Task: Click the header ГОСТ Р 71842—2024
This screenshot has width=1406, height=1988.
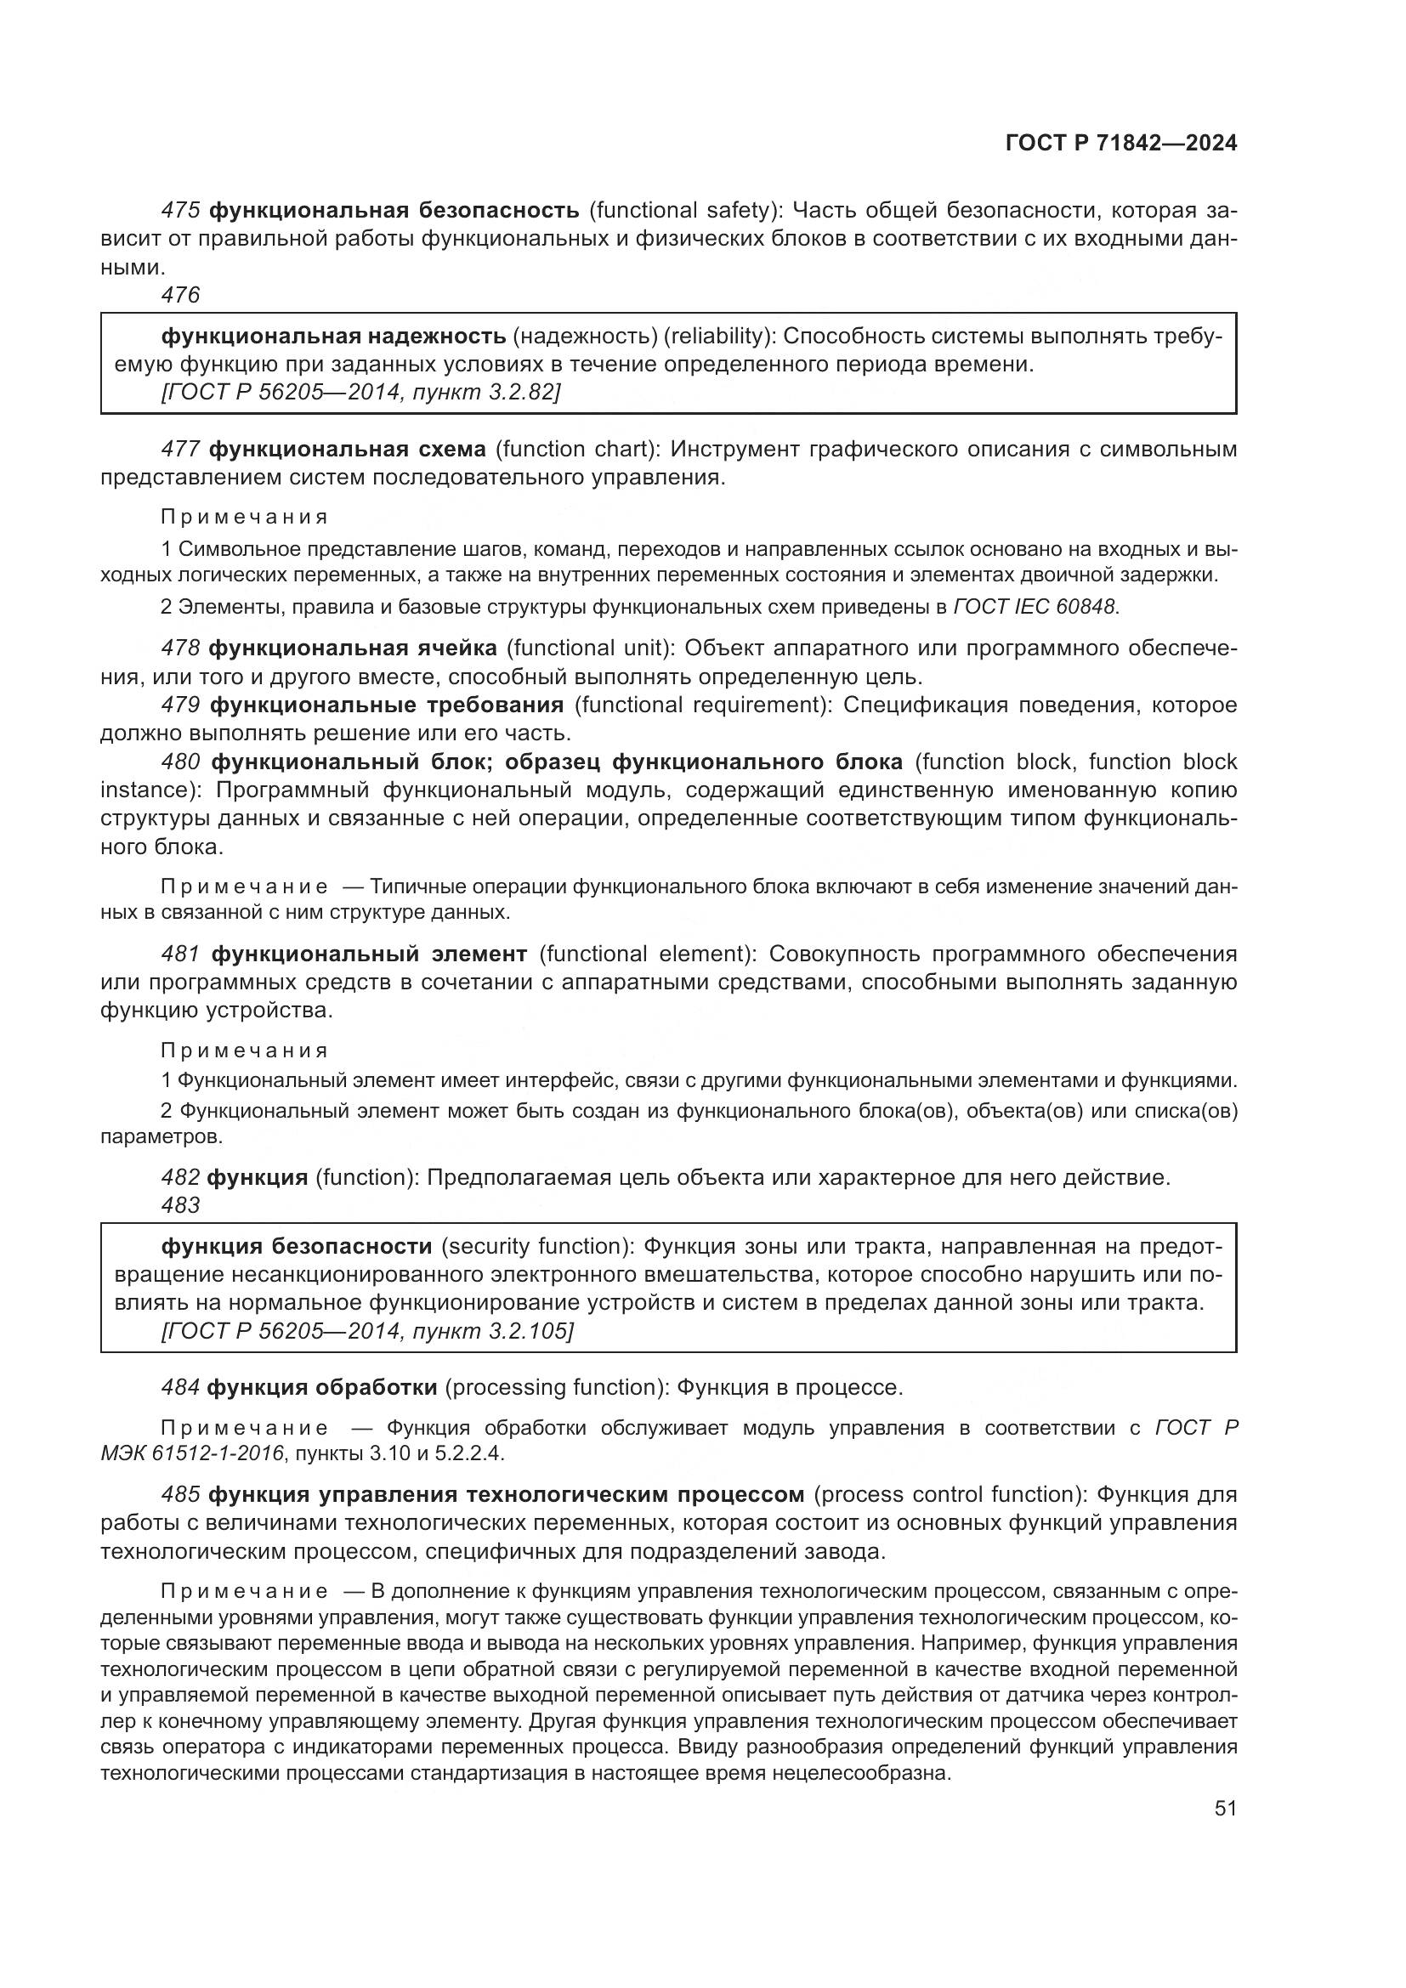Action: pyautogui.click(x=1120, y=143)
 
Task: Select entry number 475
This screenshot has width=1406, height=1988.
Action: pyautogui.click(x=181, y=211)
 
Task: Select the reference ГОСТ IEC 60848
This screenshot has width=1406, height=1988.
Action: pyautogui.click(x=1035, y=606)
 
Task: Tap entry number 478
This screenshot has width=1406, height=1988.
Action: pyautogui.click(x=181, y=648)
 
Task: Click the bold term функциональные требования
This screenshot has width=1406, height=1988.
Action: pyautogui.click(x=386, y=705)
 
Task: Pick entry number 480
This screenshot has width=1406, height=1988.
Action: pyautogui.click(x=181, y=762)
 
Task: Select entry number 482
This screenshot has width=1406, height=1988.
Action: pyautogui.click(x=181, y=1177)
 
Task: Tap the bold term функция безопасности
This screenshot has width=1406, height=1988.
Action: pyautogui.click(x=296, y=1246)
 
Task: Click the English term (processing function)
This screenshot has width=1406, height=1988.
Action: pyautogui.click(x=557, y=1387)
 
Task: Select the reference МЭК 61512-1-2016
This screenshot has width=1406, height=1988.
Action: pyautogui.click(x=192, y=1453)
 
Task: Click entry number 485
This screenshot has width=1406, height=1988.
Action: pyautogui.click(x=181, y=1494)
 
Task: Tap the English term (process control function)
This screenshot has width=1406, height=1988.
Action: pyautogui.click(x=950, y=1494)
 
